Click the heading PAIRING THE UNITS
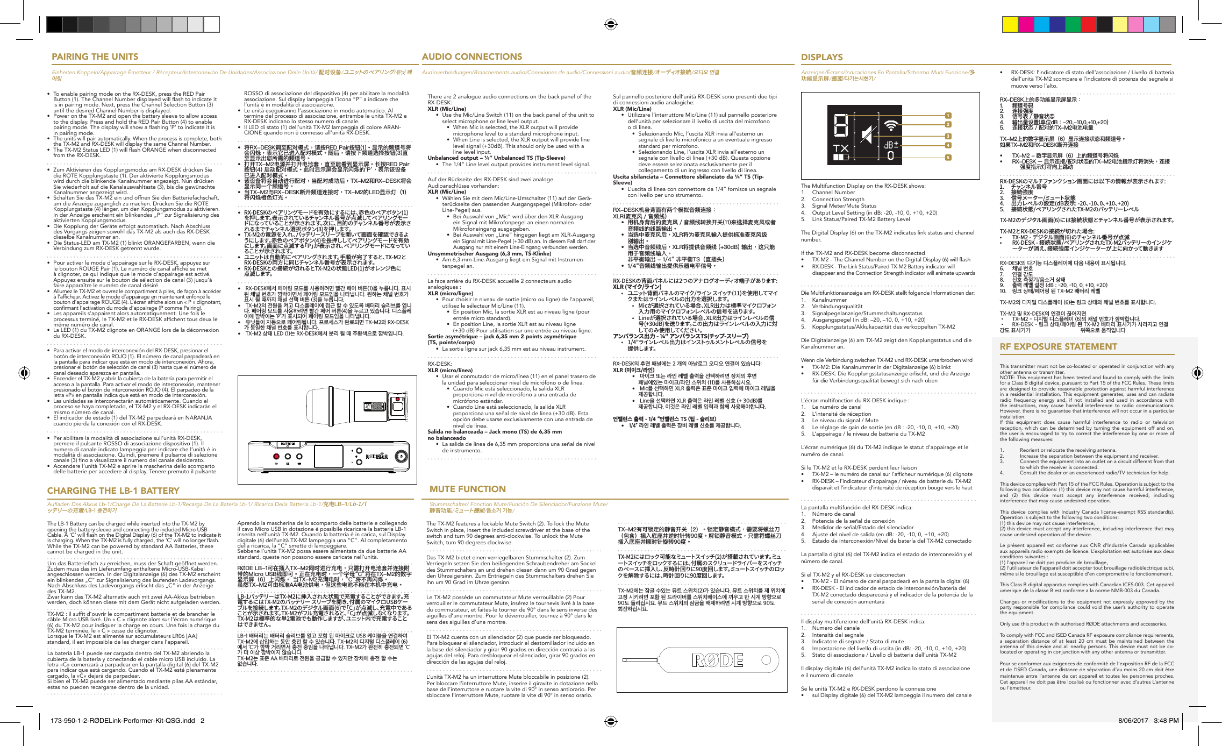click(x=95, y=57)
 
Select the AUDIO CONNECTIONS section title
click(x=471, y=57)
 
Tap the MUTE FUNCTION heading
click(x=467, y=489)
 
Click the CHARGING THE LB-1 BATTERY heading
click(x=113, y=491)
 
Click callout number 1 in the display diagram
click(x=948, y=116)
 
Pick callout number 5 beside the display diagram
click(x=948, y=158)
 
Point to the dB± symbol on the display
click(x=891, y=145)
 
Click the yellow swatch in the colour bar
click(x=1010, y=25)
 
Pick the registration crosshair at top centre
click(x=610, y=24)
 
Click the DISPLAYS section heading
click(x=821, y=57)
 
